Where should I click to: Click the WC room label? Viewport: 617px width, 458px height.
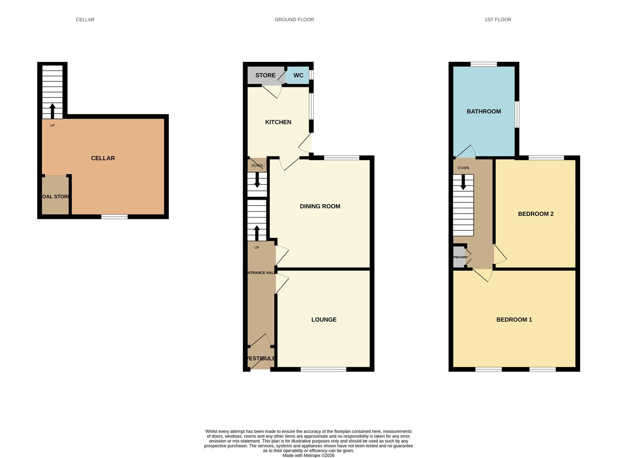[298, 75]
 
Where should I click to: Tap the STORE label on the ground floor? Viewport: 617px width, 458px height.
[265, 75]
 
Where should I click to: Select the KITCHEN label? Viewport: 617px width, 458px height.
[278, 122]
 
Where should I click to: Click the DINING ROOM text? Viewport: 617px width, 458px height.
[320, 207]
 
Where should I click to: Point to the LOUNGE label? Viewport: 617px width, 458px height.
[324, 320]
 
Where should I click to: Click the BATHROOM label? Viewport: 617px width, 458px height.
[484, 112]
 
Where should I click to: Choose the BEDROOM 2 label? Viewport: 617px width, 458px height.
[536, 214]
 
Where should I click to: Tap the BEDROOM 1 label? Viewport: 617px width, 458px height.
[514, 320]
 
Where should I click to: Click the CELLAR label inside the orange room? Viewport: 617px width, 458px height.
[103, 158]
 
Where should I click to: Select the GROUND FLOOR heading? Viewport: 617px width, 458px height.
[294, 20]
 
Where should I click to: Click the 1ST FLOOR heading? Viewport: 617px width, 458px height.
[498, 20]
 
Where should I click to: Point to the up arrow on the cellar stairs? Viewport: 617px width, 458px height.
[53, 111]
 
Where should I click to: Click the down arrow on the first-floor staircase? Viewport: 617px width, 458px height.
[463, 182]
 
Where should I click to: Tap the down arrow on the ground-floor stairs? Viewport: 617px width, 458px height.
[257, 180]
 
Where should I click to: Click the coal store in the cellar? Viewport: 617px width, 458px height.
[56, 196]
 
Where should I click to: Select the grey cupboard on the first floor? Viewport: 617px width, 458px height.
[459, 257]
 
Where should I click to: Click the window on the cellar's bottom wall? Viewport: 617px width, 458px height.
[114, 217]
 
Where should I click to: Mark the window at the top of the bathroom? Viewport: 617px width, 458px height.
[483, 64]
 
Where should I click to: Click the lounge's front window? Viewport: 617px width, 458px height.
[324, 369]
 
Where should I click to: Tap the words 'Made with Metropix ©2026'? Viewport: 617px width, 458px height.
[308, 455]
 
